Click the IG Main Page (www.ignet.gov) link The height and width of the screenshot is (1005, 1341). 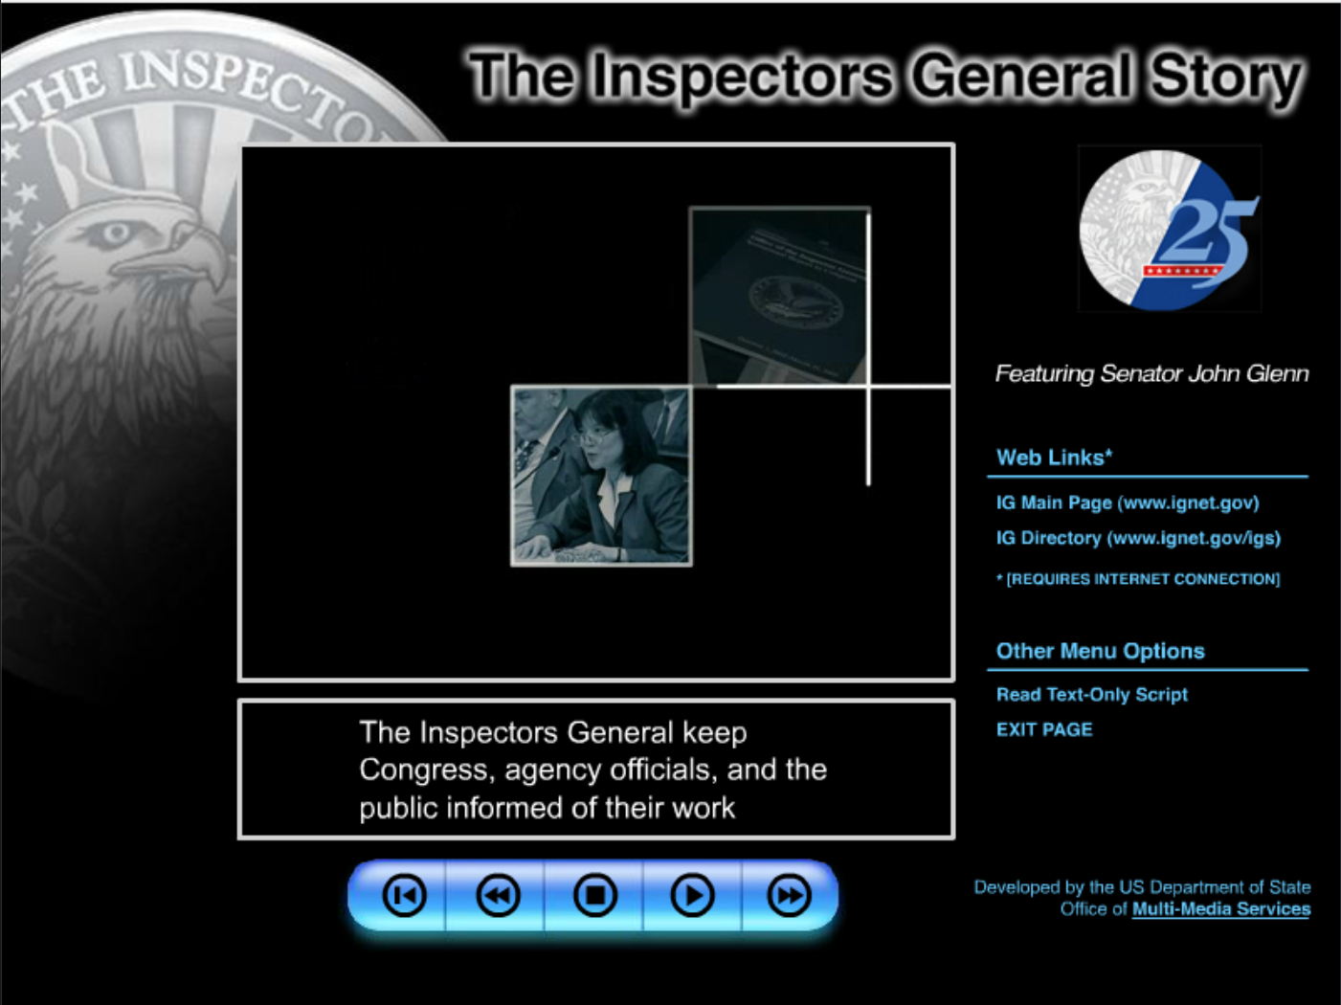(x=1127, y=502)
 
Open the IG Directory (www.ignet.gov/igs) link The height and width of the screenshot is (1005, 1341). (x=1137, y=538)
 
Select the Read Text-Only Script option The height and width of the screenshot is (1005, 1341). (x=1091, y=695)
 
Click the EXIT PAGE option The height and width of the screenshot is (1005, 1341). (x=1043, y=729)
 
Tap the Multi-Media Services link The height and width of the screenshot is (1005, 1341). (x=1220, y=909)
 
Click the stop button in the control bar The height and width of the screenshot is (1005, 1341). (x=594, y=896)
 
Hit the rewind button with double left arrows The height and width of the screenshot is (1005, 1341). (x=498, y=896)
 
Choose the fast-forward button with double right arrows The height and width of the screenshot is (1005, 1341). (x=789, y=896)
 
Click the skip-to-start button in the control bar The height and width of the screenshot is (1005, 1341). (x=404, y=896)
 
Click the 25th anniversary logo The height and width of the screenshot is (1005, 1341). (x=1170, y=230)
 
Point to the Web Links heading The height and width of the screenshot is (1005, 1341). (x=1053, y=458)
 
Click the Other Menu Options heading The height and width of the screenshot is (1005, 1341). (x=1100, y=651)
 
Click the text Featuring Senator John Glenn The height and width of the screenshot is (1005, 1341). (x=1151, y=373)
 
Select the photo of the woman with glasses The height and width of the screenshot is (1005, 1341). (x=601, y=476)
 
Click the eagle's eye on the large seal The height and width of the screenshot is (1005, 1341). (x=117, y=233)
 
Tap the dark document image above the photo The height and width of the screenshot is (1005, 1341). (x=779, y=296)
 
